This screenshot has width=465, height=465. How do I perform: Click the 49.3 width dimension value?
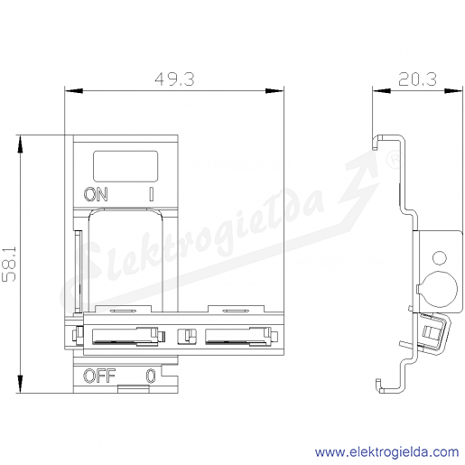point(174,79)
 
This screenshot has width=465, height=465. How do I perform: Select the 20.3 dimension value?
point(417,79)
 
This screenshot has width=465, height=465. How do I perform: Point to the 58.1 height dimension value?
point(9,265)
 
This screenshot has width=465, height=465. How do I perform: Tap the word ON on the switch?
point(96,194)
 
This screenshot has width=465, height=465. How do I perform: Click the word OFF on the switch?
point(99,376)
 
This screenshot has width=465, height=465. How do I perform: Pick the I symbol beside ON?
point(152,194)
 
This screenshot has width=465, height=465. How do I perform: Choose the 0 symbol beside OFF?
point(151,376)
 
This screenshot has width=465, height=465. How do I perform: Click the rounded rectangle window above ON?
point(126,166)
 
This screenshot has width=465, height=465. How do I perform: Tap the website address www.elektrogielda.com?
point(387,452)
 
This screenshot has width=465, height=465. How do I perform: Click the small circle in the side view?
point(440,258)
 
